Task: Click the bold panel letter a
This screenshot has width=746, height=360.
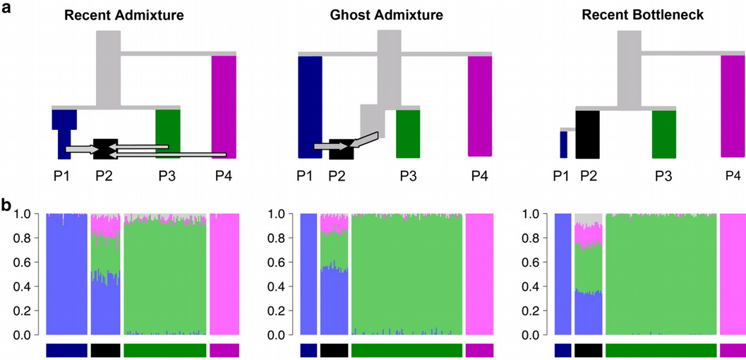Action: pos(6,8)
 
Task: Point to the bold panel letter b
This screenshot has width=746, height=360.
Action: pos(6,207)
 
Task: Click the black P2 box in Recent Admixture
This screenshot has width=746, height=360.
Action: pos(105,148)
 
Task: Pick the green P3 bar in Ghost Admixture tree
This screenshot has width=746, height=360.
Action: pos(408,134)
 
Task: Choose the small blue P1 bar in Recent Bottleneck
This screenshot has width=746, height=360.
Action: pos(563,144)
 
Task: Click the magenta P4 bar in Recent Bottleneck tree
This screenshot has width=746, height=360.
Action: pos(733,106)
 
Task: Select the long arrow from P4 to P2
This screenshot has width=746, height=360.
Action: pos(169,155)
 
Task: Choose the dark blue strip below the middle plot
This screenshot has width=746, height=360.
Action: pos(308,350)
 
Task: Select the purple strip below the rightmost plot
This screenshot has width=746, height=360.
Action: pos(733,350)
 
